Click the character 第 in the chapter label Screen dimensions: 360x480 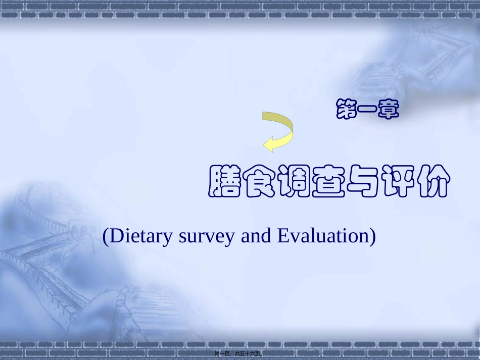pos(346,110)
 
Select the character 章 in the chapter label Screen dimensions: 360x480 pos(388,110)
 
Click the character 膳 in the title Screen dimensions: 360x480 pos(224,181)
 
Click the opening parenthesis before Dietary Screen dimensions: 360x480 pos(106,236)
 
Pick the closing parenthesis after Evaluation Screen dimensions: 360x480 pos(372,236)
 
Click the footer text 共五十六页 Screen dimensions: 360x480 pos(248,353)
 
